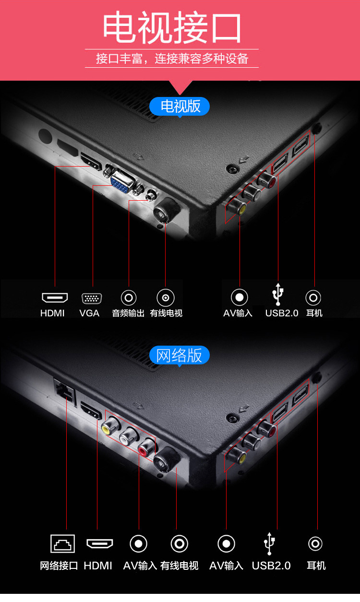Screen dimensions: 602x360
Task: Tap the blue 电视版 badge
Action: point(180,106)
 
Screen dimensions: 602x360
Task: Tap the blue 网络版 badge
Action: point(180,356)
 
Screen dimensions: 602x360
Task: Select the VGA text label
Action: point(89,313)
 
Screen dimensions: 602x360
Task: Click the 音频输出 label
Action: point(128,313)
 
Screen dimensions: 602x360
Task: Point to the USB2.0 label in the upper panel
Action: point(282,313)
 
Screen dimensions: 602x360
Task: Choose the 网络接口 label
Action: point(59,566)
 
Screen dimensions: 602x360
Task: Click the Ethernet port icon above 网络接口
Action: point(63,543)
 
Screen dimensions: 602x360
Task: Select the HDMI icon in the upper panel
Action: point(54,298)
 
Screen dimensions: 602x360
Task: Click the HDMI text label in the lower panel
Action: point(98,566)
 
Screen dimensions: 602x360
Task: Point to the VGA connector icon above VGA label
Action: point(91,298)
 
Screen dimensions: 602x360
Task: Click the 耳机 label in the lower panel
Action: point(316,566)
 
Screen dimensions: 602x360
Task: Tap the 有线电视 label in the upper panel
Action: point(166,313)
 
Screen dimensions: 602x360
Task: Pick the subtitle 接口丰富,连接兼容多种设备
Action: point(172,59)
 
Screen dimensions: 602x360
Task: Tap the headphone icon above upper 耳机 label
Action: point(313,298)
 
